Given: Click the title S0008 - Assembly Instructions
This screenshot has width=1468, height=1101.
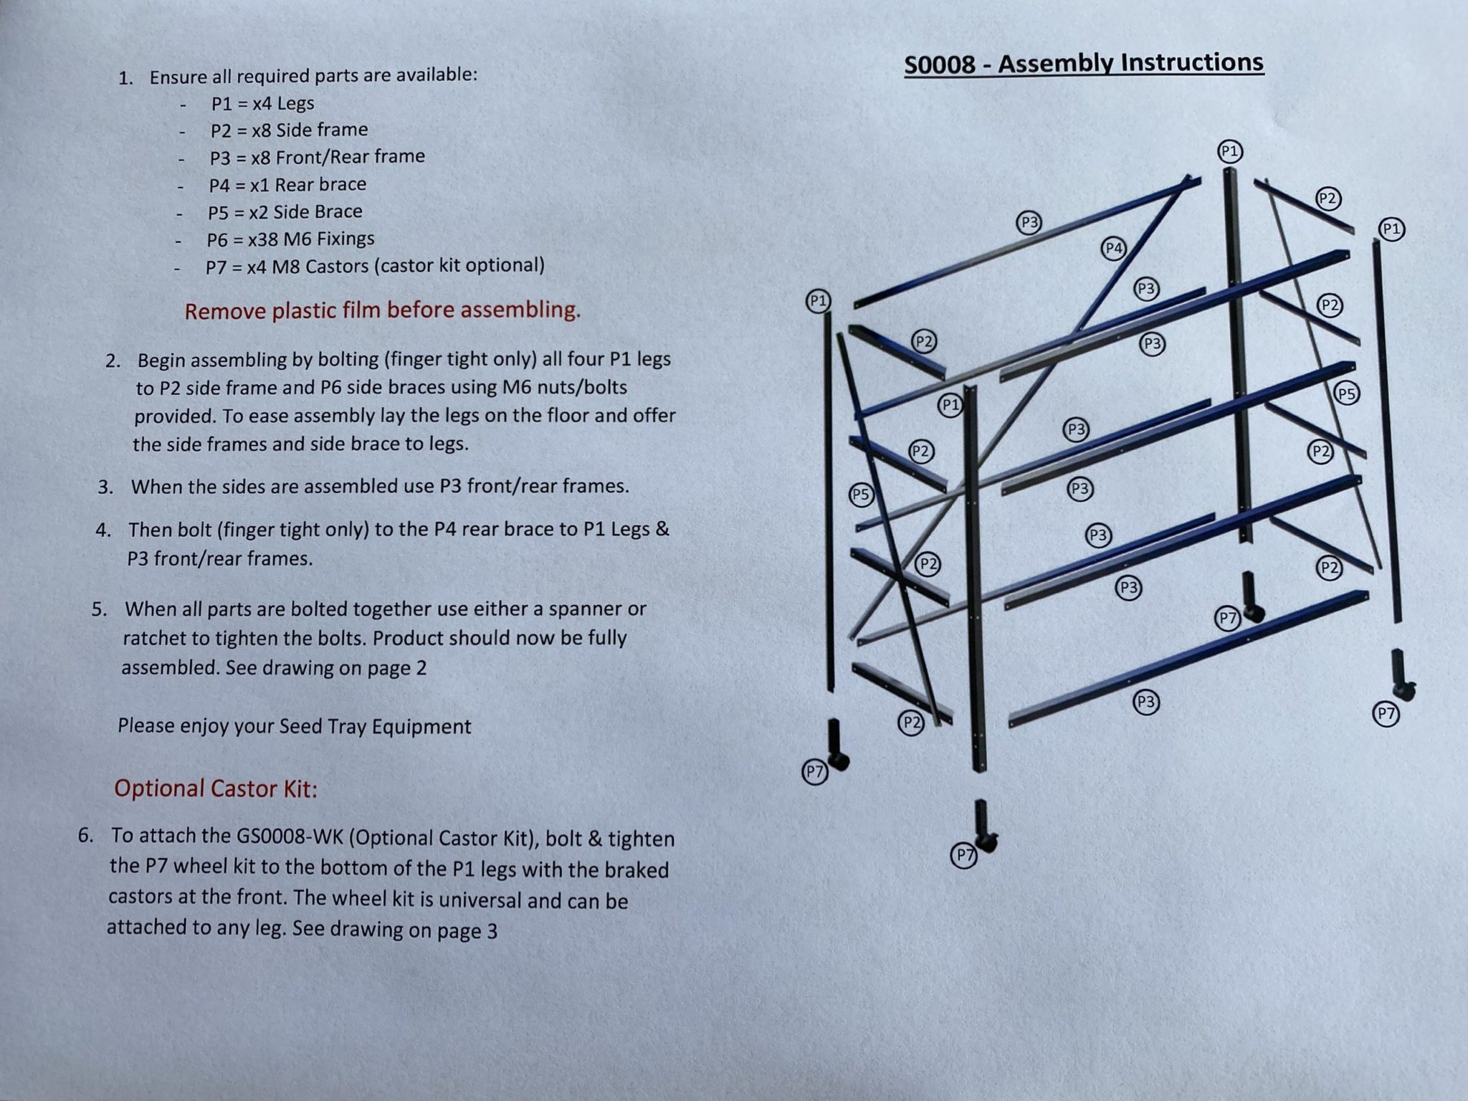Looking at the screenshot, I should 1083,63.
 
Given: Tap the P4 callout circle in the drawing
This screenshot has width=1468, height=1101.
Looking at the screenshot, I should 1113,249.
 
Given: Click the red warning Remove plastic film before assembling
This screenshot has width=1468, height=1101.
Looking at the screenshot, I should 382,310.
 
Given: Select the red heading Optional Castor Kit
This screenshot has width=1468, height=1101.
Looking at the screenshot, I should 215,788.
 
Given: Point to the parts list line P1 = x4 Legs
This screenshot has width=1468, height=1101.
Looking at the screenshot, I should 262,103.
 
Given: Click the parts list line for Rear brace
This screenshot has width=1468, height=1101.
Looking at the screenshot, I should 287,185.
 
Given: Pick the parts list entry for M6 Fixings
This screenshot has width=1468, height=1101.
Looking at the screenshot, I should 290,239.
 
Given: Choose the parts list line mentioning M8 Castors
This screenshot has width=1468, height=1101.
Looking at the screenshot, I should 374,266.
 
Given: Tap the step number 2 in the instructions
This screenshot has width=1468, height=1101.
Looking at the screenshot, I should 112,361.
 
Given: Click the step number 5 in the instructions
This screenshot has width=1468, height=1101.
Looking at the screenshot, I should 99,609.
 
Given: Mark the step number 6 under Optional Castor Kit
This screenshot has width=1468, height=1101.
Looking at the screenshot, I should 86,836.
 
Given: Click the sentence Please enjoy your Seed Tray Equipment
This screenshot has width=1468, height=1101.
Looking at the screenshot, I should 294,726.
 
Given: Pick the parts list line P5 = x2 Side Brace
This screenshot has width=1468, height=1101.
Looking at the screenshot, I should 285,212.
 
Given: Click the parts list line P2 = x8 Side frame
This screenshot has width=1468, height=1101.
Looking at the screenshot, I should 289,130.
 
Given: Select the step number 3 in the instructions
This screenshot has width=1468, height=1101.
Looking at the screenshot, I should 105,487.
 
